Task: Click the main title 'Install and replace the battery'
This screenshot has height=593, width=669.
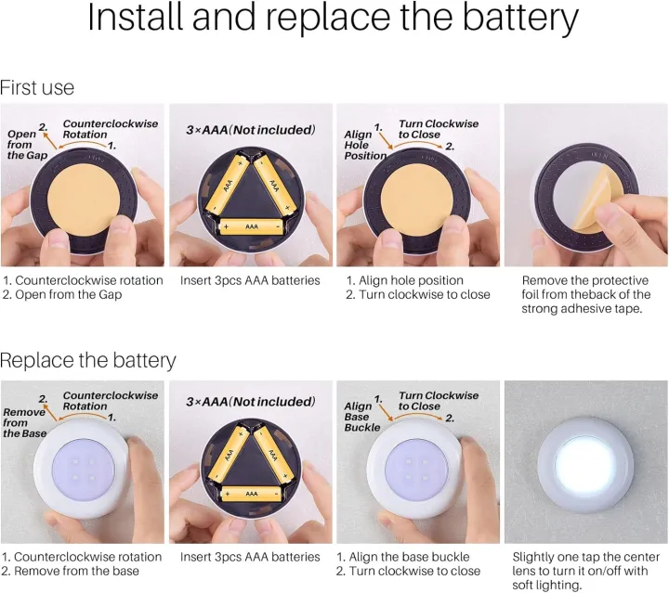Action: click(334, 20)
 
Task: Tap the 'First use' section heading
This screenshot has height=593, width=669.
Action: click(37, 88)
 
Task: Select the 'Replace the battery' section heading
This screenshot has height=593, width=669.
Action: click(87, 360)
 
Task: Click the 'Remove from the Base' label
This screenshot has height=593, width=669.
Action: click(23, 422)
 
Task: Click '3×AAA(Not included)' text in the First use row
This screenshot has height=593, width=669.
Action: click(251, 129)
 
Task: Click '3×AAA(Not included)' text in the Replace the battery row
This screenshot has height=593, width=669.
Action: click(251, 401)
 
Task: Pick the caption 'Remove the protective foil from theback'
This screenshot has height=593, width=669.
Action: click(585, 294)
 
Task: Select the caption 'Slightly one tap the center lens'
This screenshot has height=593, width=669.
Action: click(585, 570)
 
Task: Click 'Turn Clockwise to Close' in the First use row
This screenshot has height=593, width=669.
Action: click(439, 129)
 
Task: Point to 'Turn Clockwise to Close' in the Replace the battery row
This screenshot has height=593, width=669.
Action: click(439, 401)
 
